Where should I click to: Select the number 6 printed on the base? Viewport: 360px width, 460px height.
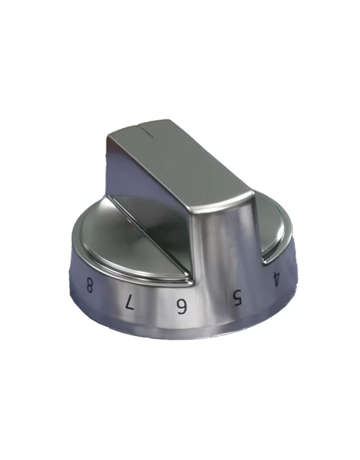pyautogui.click(x=181, y=306)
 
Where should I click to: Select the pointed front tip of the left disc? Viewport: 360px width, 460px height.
pyautogui.click(x=188, y=279)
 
